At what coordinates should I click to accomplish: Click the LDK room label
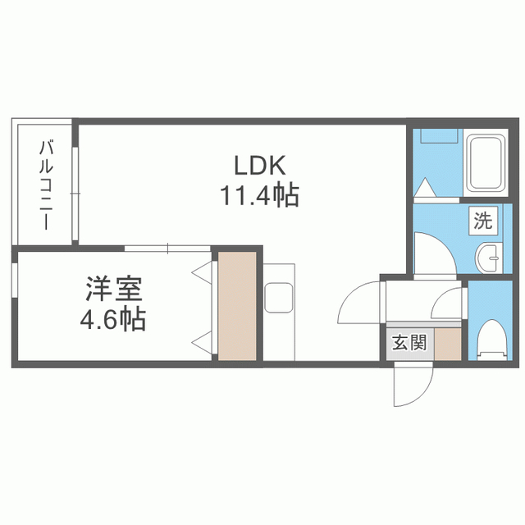[x=260, y=166]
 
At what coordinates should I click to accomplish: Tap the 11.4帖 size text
[x=259, y=195]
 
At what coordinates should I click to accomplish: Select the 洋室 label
[x=114, y=288]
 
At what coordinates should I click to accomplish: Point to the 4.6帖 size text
[x=113, y=319]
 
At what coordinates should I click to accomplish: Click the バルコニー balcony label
[x=46, y=185]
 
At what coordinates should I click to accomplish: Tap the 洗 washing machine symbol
[x=483, y=221]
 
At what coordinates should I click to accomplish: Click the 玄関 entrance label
[x=409, y=343]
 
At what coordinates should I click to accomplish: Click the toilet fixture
[x=492, y=340]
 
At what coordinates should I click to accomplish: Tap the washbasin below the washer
[x=489, y=258]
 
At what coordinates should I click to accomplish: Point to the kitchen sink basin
[x=279, y=298]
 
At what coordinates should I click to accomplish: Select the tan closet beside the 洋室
[x=237, y=306]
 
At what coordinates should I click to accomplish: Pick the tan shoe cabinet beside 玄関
[x=448, y=344]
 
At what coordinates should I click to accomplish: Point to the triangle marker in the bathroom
[x=424, y=188]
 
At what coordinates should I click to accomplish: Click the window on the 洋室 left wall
[x=15, y=280]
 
